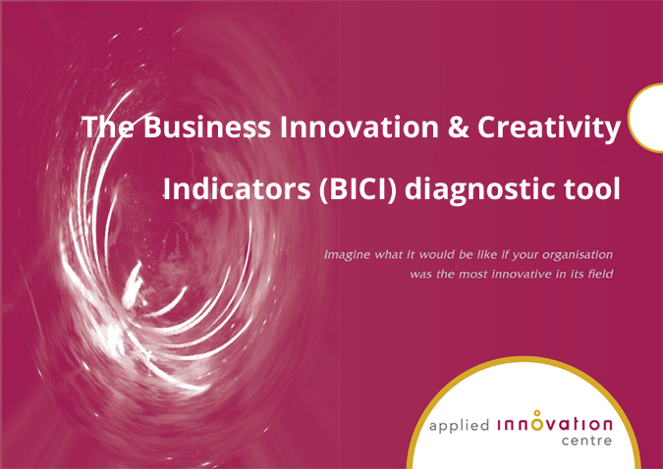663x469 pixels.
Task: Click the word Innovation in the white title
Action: coord(325,128)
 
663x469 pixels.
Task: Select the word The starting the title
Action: coord(102,128)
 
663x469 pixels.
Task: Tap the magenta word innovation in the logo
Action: coord(556,425)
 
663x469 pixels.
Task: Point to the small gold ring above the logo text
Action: coord(536,413)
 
